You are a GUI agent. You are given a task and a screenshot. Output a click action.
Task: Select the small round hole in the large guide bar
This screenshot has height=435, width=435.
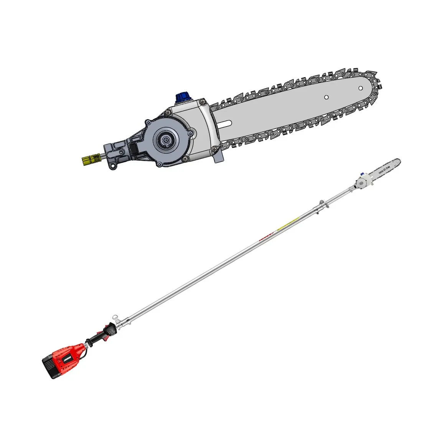[326, 97]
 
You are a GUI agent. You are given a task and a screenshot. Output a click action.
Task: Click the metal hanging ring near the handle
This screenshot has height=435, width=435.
[114, 318]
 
